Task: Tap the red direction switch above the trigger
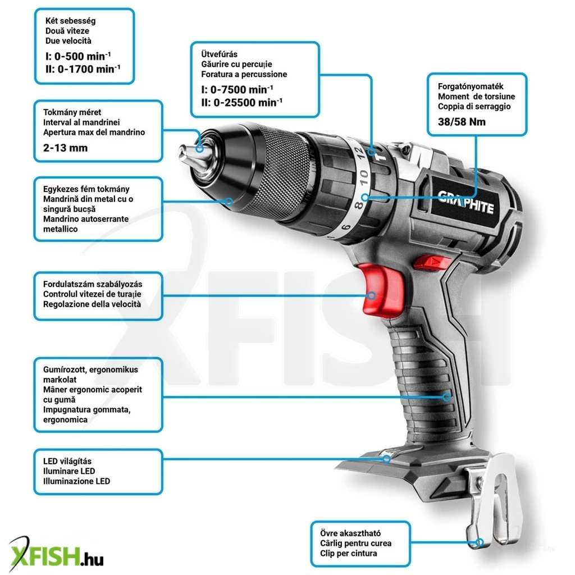click(432, 263)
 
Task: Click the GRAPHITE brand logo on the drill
click(466, 202)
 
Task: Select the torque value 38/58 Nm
click(462, 122)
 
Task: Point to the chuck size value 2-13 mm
click(65, 148)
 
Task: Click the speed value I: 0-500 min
click(78, 56)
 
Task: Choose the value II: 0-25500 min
click(241, 102)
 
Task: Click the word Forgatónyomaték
click(471, 86)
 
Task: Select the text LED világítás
click(67, 462)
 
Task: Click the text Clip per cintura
click(348, 553)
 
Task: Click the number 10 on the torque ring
click(363, 177)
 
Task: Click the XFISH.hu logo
click(56, 555)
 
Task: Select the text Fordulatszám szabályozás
click(93, 284)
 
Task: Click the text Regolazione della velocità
click(92, 304)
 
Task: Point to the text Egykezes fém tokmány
click(86, 189)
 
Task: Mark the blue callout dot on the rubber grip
click(446, 397)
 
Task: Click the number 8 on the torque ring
click(358, 204)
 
